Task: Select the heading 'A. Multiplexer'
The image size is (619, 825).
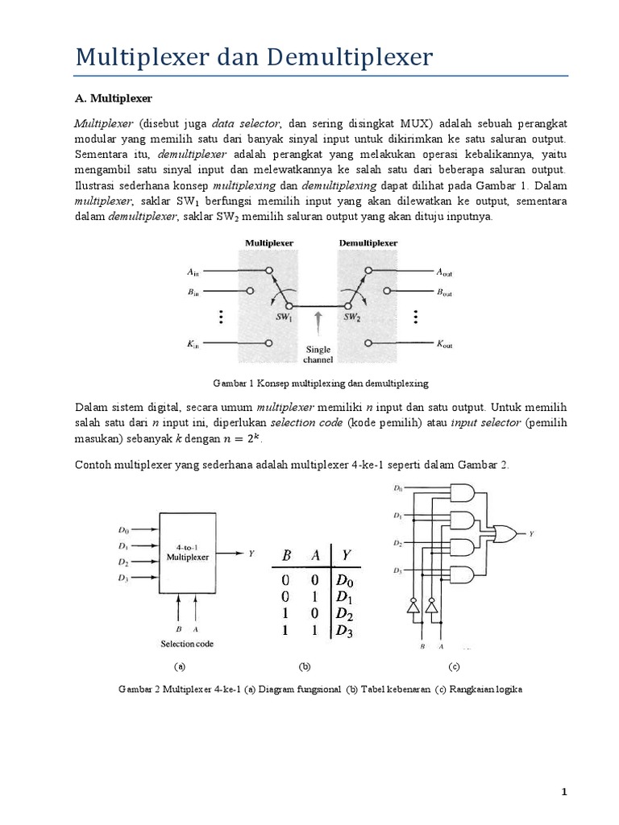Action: tap(113, 98)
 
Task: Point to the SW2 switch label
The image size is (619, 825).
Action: tap(352, 317)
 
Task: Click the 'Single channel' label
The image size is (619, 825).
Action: tap(319, 354)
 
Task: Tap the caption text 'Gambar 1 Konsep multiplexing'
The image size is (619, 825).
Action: tap(319, 383)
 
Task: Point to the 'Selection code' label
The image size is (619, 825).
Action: tap(189, 645)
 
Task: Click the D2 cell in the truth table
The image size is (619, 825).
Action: tap(344, 616)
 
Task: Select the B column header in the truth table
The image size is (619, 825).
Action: tap(285, 555)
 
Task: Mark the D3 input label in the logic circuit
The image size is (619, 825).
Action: tap(397, 570)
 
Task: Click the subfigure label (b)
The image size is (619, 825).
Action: tap(304, 667)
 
